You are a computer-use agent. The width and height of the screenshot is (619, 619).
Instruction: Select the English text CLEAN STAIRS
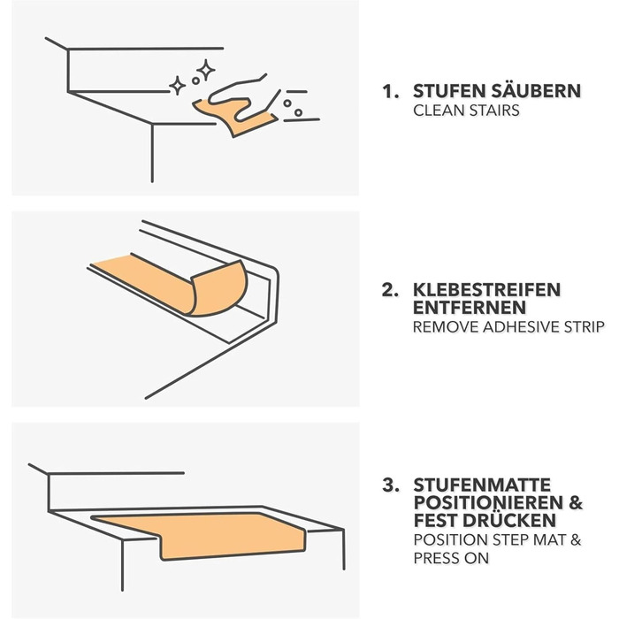466,111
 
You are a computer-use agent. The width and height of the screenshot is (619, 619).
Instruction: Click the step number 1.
389,91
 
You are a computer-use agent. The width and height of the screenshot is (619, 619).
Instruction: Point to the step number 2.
390,290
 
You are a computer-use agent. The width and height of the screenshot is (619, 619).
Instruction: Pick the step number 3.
391,485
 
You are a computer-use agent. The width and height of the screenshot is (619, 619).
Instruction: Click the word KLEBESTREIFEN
486,290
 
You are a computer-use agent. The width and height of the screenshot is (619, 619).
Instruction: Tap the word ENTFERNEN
470,308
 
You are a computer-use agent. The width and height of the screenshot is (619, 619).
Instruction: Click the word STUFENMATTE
482,485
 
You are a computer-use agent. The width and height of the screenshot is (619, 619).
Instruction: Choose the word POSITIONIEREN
488,502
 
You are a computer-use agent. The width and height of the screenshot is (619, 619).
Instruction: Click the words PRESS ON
451,558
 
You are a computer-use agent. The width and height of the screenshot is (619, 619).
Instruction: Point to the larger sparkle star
206,70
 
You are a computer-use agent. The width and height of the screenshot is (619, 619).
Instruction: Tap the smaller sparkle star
177,85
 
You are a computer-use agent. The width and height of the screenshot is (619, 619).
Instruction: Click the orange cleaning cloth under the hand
236,118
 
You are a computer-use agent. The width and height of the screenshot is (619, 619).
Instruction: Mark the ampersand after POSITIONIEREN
576,503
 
